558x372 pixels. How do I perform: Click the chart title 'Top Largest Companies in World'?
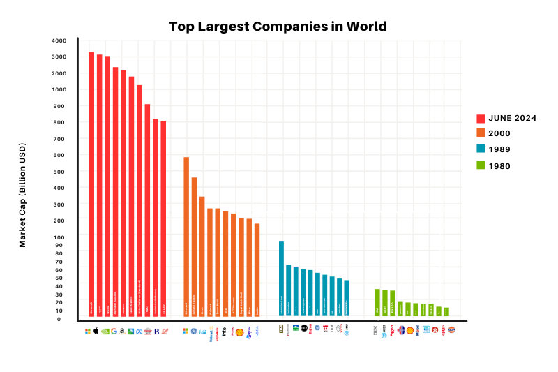pos(278,27)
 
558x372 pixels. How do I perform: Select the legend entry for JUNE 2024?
pos(512,119)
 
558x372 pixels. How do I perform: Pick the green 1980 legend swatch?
pos(481,165)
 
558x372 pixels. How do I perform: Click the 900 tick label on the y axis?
pos(59,106)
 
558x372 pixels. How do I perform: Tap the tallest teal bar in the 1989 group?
pos(281,278)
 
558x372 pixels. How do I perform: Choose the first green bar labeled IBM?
pos(377,302)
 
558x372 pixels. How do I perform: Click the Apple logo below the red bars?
pos(96,331)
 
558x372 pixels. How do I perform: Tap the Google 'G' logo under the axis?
pos(114,331)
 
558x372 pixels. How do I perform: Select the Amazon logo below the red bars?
pos(122,331)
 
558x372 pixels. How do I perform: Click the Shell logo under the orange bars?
pos(240,332)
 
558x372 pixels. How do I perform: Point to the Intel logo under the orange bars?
pos(224,332)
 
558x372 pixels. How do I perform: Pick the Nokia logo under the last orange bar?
pos(257,332)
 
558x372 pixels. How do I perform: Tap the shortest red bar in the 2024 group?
pos(163,218)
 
